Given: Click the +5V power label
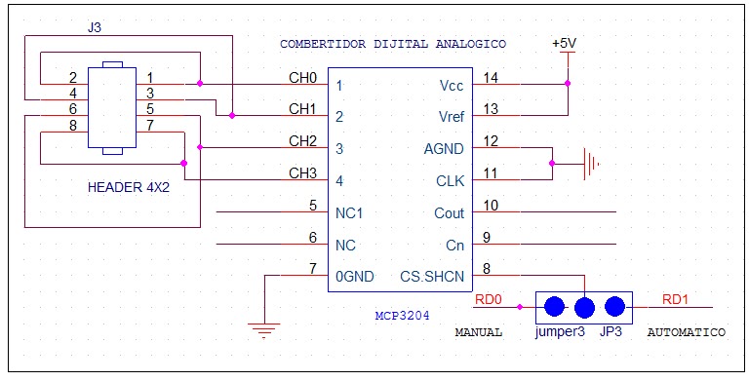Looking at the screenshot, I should tap(565, 44).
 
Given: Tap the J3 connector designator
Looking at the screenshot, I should tap(94, 27).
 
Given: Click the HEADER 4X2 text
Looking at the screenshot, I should tap(129, 186).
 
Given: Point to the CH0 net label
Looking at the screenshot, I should tap(302, 77).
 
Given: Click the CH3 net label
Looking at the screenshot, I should tap(302, 173).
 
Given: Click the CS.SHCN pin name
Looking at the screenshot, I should tap(432, 277).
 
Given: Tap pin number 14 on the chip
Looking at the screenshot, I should tap(490, 77).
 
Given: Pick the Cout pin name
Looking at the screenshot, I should tap(450, 213).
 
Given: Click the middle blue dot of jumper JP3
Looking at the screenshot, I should tap(584, 307).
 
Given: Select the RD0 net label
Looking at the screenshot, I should tap(488, 299).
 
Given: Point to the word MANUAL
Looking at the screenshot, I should tap(479, 332).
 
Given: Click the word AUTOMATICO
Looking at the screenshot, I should tap(686, 332).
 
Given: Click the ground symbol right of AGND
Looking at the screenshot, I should tap(587, 164).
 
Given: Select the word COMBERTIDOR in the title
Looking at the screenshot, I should tap(322, 45).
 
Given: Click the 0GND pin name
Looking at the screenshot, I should tap(355, 277).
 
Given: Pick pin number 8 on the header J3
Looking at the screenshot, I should tap(73, 126).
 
